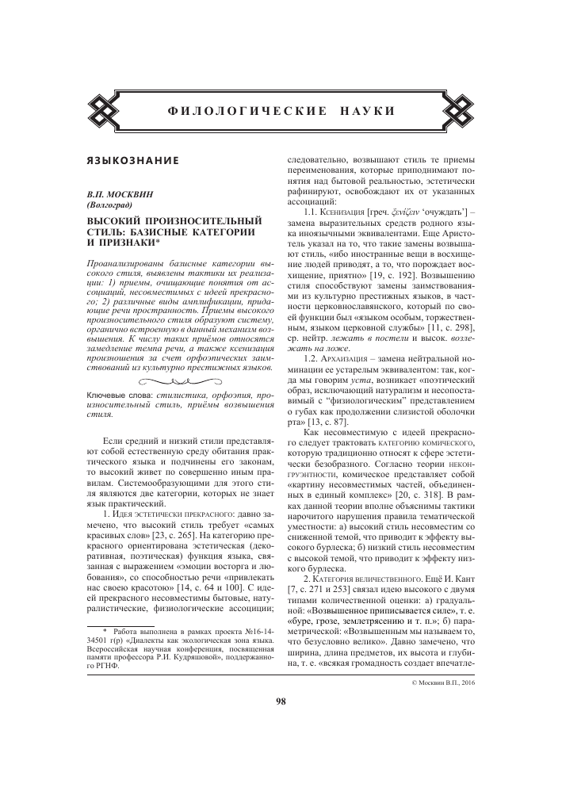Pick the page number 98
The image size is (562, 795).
click(281, 700)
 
